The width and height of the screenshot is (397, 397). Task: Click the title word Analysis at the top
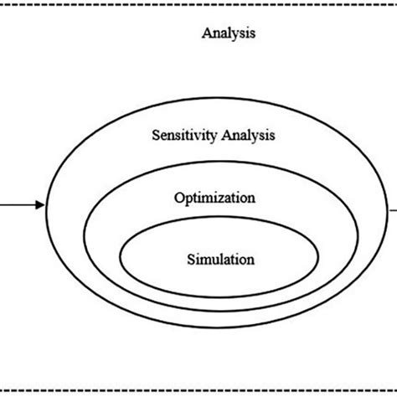click(x=229, y=34)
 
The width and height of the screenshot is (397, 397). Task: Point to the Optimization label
click(x=214, y=198)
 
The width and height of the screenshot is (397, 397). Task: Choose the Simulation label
click(x=219, y=260)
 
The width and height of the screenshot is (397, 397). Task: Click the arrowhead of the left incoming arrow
click(x=39, y=204)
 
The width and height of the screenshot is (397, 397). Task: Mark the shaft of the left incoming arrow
click(x=17, y=204)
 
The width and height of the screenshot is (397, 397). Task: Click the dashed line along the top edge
click(x=198, y=3)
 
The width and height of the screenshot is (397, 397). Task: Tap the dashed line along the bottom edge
click(x=198, y=390)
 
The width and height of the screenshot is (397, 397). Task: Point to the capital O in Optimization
click(x=179, y=198)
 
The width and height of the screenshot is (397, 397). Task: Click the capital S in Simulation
click(x=189, y=260)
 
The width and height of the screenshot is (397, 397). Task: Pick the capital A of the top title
click(x=207, y=34)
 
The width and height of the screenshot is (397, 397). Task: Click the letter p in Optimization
click(x=188, y=200)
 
